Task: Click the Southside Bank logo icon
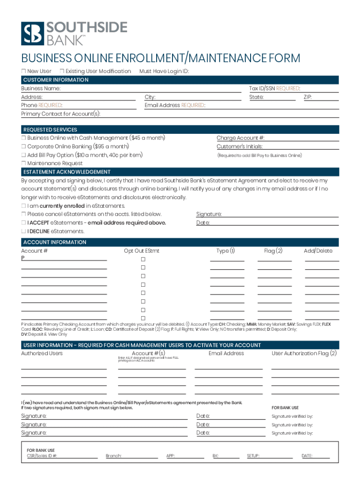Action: pyautogui.click(x=32, y=34)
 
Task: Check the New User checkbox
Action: pyautogui.click(x=23, y=71)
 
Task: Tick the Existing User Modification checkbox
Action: pyautogui.click(x=62, y=71)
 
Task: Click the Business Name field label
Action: pyautogui.click(x=41, y=88)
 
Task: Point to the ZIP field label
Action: pyautogui.click(x=307, y=97)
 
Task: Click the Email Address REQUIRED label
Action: pyautogui.click(x=174, y=105)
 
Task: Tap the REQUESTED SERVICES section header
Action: pyautogui.click(x=50, y=130)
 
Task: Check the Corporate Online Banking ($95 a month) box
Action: pyautogui.click(x=23, y=146)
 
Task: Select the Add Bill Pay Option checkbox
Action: pyautogui.click(x=23, y=155)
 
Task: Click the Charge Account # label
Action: pyautogui.click(x=240, y=138)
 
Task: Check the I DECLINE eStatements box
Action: pyautogui.click(x=23, y=231)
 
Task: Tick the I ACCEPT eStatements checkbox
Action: pyautogui.click(x=23, y=223)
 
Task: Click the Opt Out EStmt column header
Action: pyautogui.click(x=141, y=251)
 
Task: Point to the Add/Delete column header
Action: pyautogui.click(x=318, y=251)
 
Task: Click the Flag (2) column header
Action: pyautogui.click(x=273, y=251)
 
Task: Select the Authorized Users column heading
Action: pyautogui.click(x=42, y=353)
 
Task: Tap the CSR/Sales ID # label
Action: pyautogui.click(x=42, y=456)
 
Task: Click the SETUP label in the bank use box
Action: pyautogui.click(x=253, y=456)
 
